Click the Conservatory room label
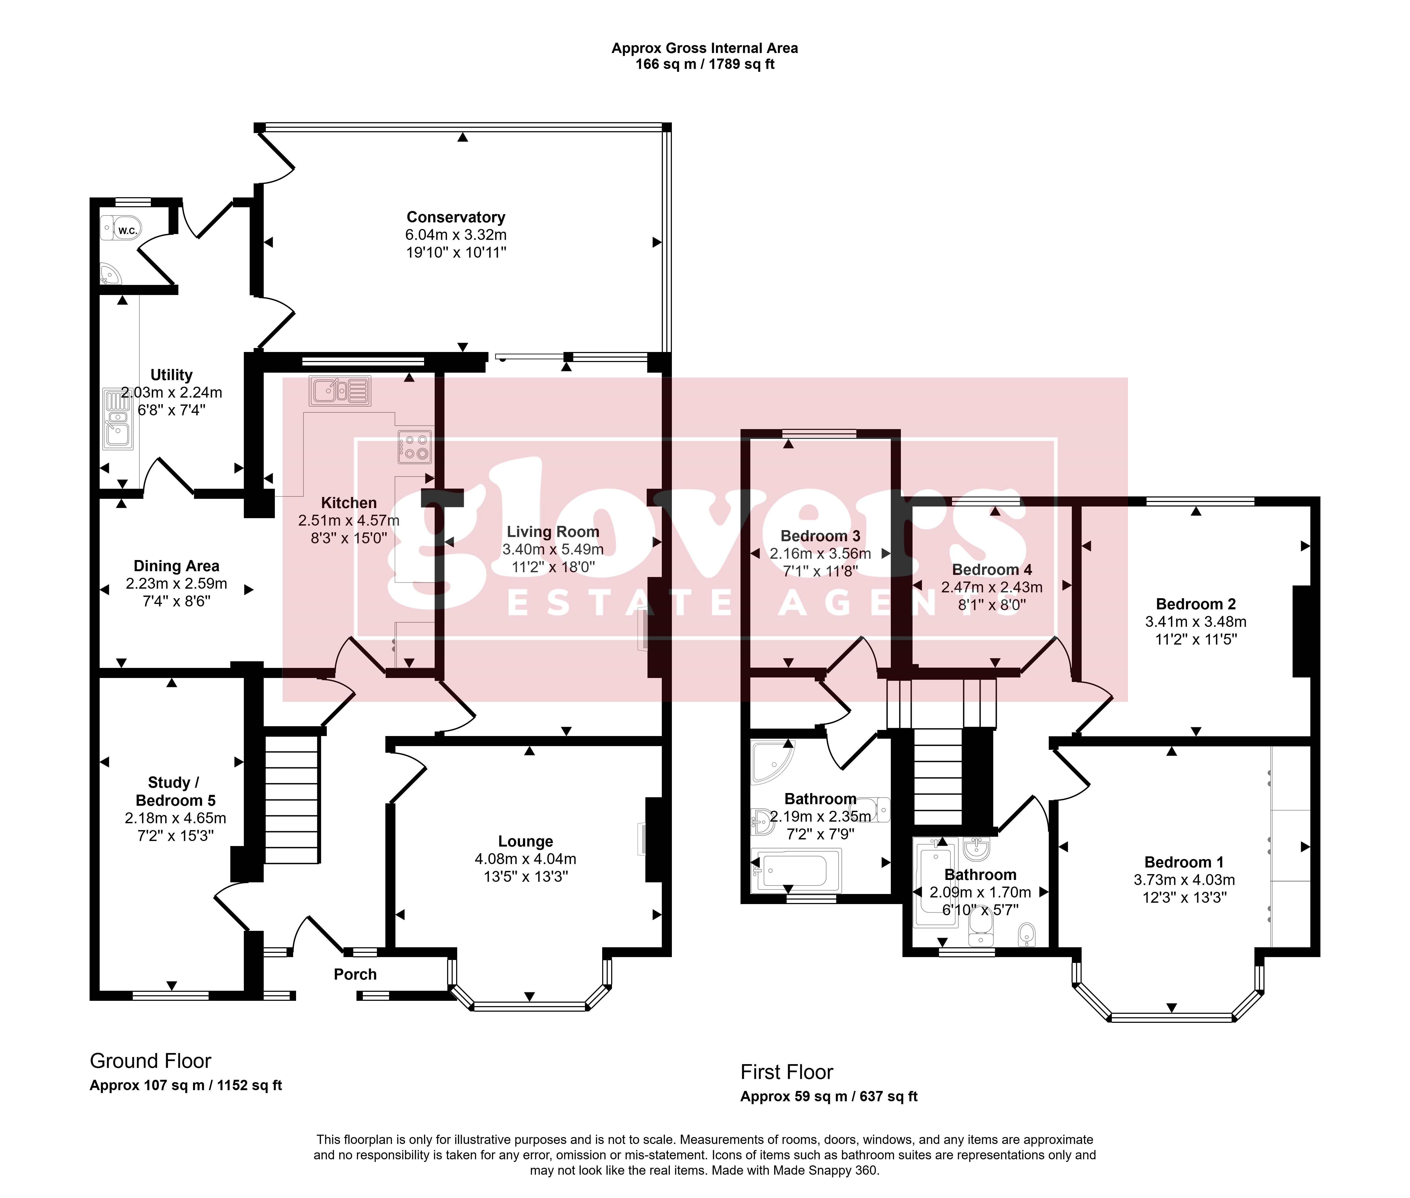(x=456, y=217)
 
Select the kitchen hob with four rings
(x=414, y=447)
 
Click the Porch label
(x=355, y=975)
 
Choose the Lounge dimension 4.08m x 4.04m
(x=526, y=859)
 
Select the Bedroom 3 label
(x=821, y=536)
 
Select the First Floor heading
(x=787, y=1072)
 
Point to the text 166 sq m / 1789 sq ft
(x=705, y=64)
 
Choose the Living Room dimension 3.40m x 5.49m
(x=553, y=549)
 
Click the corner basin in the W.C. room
(x=109, y=274)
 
